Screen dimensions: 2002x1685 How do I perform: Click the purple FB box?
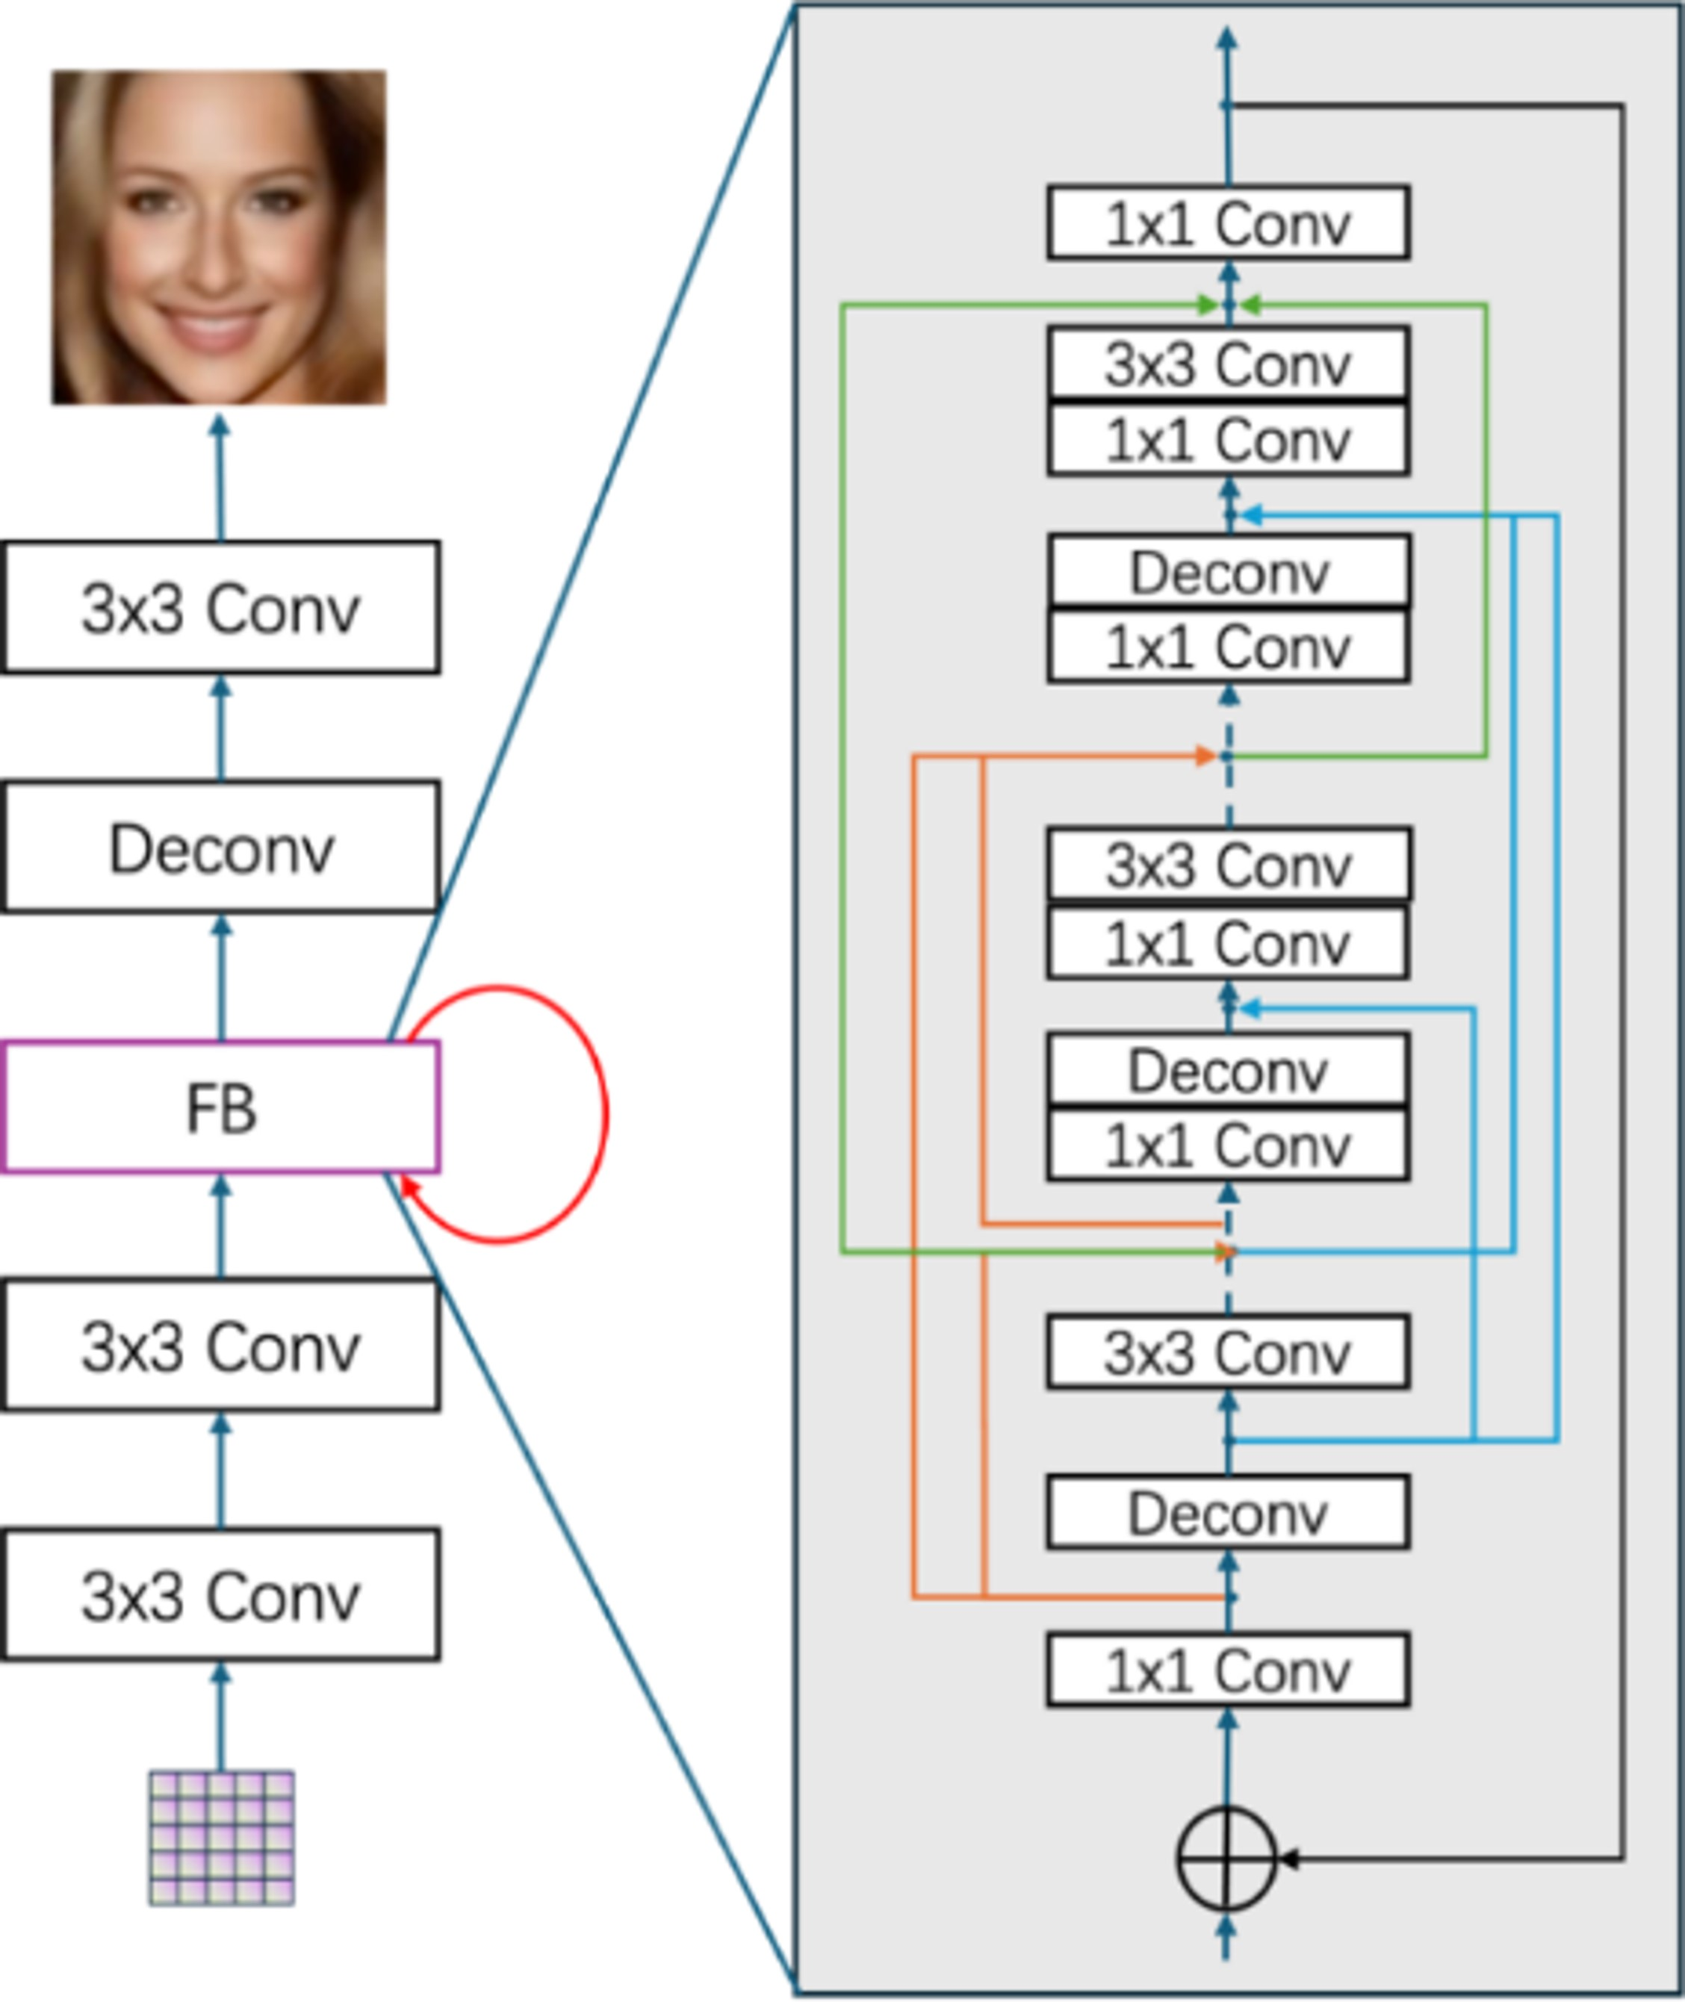tap(220, 1107)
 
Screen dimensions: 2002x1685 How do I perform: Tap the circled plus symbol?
tap(1226, 1858)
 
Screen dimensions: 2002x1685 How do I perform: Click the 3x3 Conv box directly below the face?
tap(220, 608)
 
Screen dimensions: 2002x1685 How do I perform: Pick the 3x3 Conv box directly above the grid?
tap(220, 1594)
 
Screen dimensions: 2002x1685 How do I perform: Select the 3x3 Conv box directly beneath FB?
tap(220, 1345)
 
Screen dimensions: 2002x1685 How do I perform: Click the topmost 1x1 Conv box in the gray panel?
tap(1229, 223)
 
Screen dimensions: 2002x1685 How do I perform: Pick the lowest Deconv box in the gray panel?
tap(1229, 1513)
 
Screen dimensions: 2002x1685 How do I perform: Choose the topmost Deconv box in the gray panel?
tap(1229, 571)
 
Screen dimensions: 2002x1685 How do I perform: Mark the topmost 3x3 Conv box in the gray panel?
tap(1229, 363)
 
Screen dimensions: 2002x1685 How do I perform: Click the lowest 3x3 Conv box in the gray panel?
tap(1229, 1352)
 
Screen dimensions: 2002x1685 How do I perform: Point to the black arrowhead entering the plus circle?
tap(1287, 1859)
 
